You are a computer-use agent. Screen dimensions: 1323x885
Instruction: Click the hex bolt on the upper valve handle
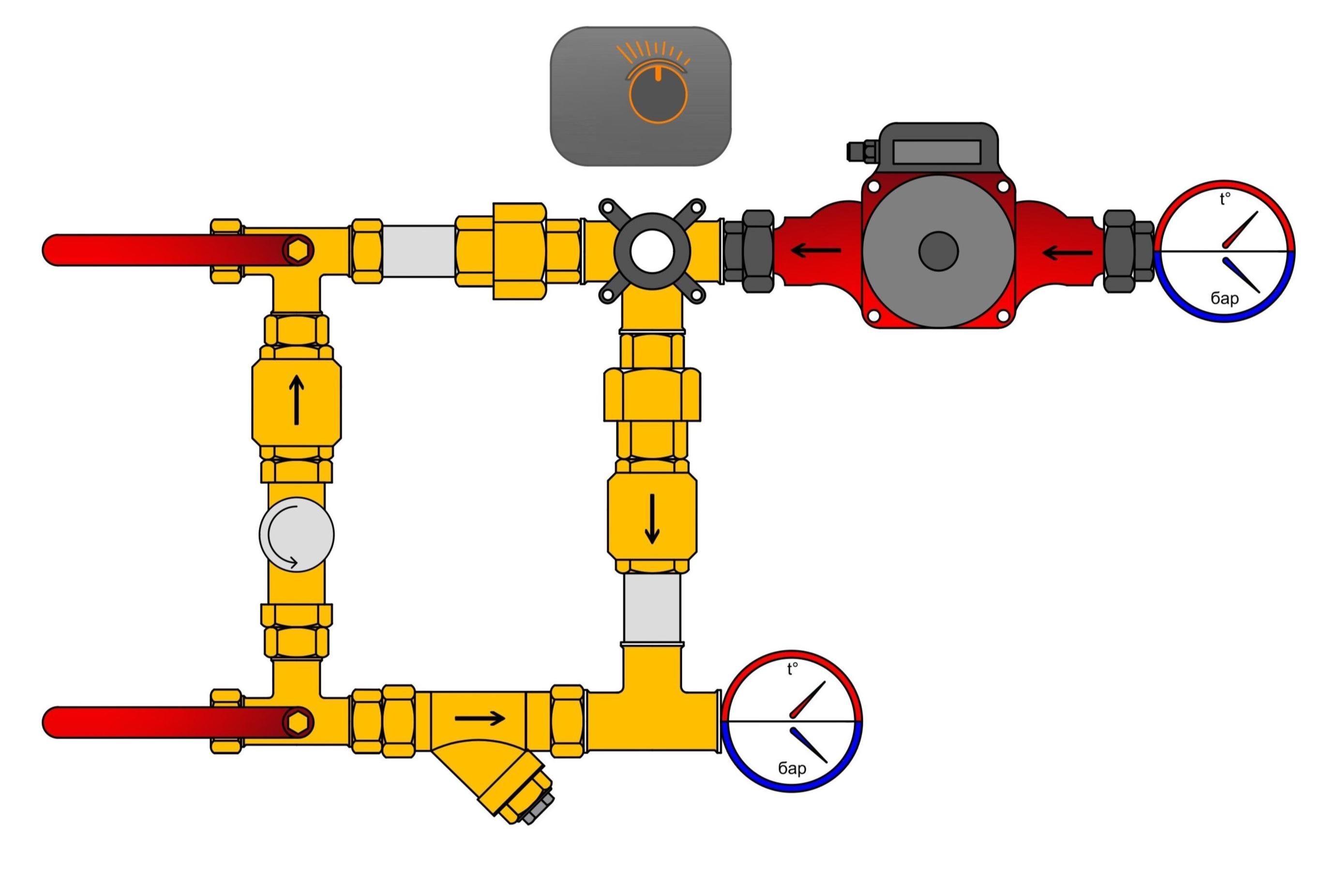299,250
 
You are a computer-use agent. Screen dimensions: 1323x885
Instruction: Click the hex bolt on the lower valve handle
299,722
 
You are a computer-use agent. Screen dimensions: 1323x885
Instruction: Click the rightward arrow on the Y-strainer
480,718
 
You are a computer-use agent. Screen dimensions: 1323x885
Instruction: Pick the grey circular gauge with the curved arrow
296,534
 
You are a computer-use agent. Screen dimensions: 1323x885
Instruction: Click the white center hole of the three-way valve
652,251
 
